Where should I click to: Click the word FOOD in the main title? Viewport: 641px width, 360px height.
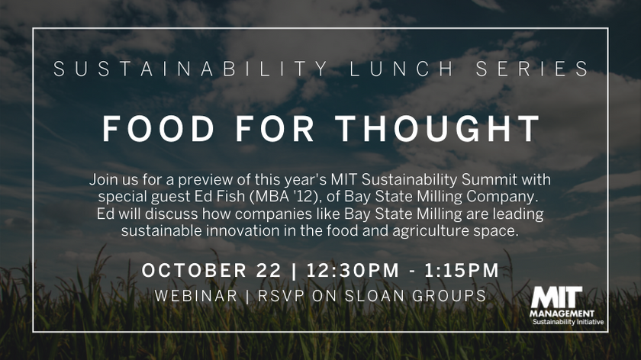150,128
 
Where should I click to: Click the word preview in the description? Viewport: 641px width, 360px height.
227,181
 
